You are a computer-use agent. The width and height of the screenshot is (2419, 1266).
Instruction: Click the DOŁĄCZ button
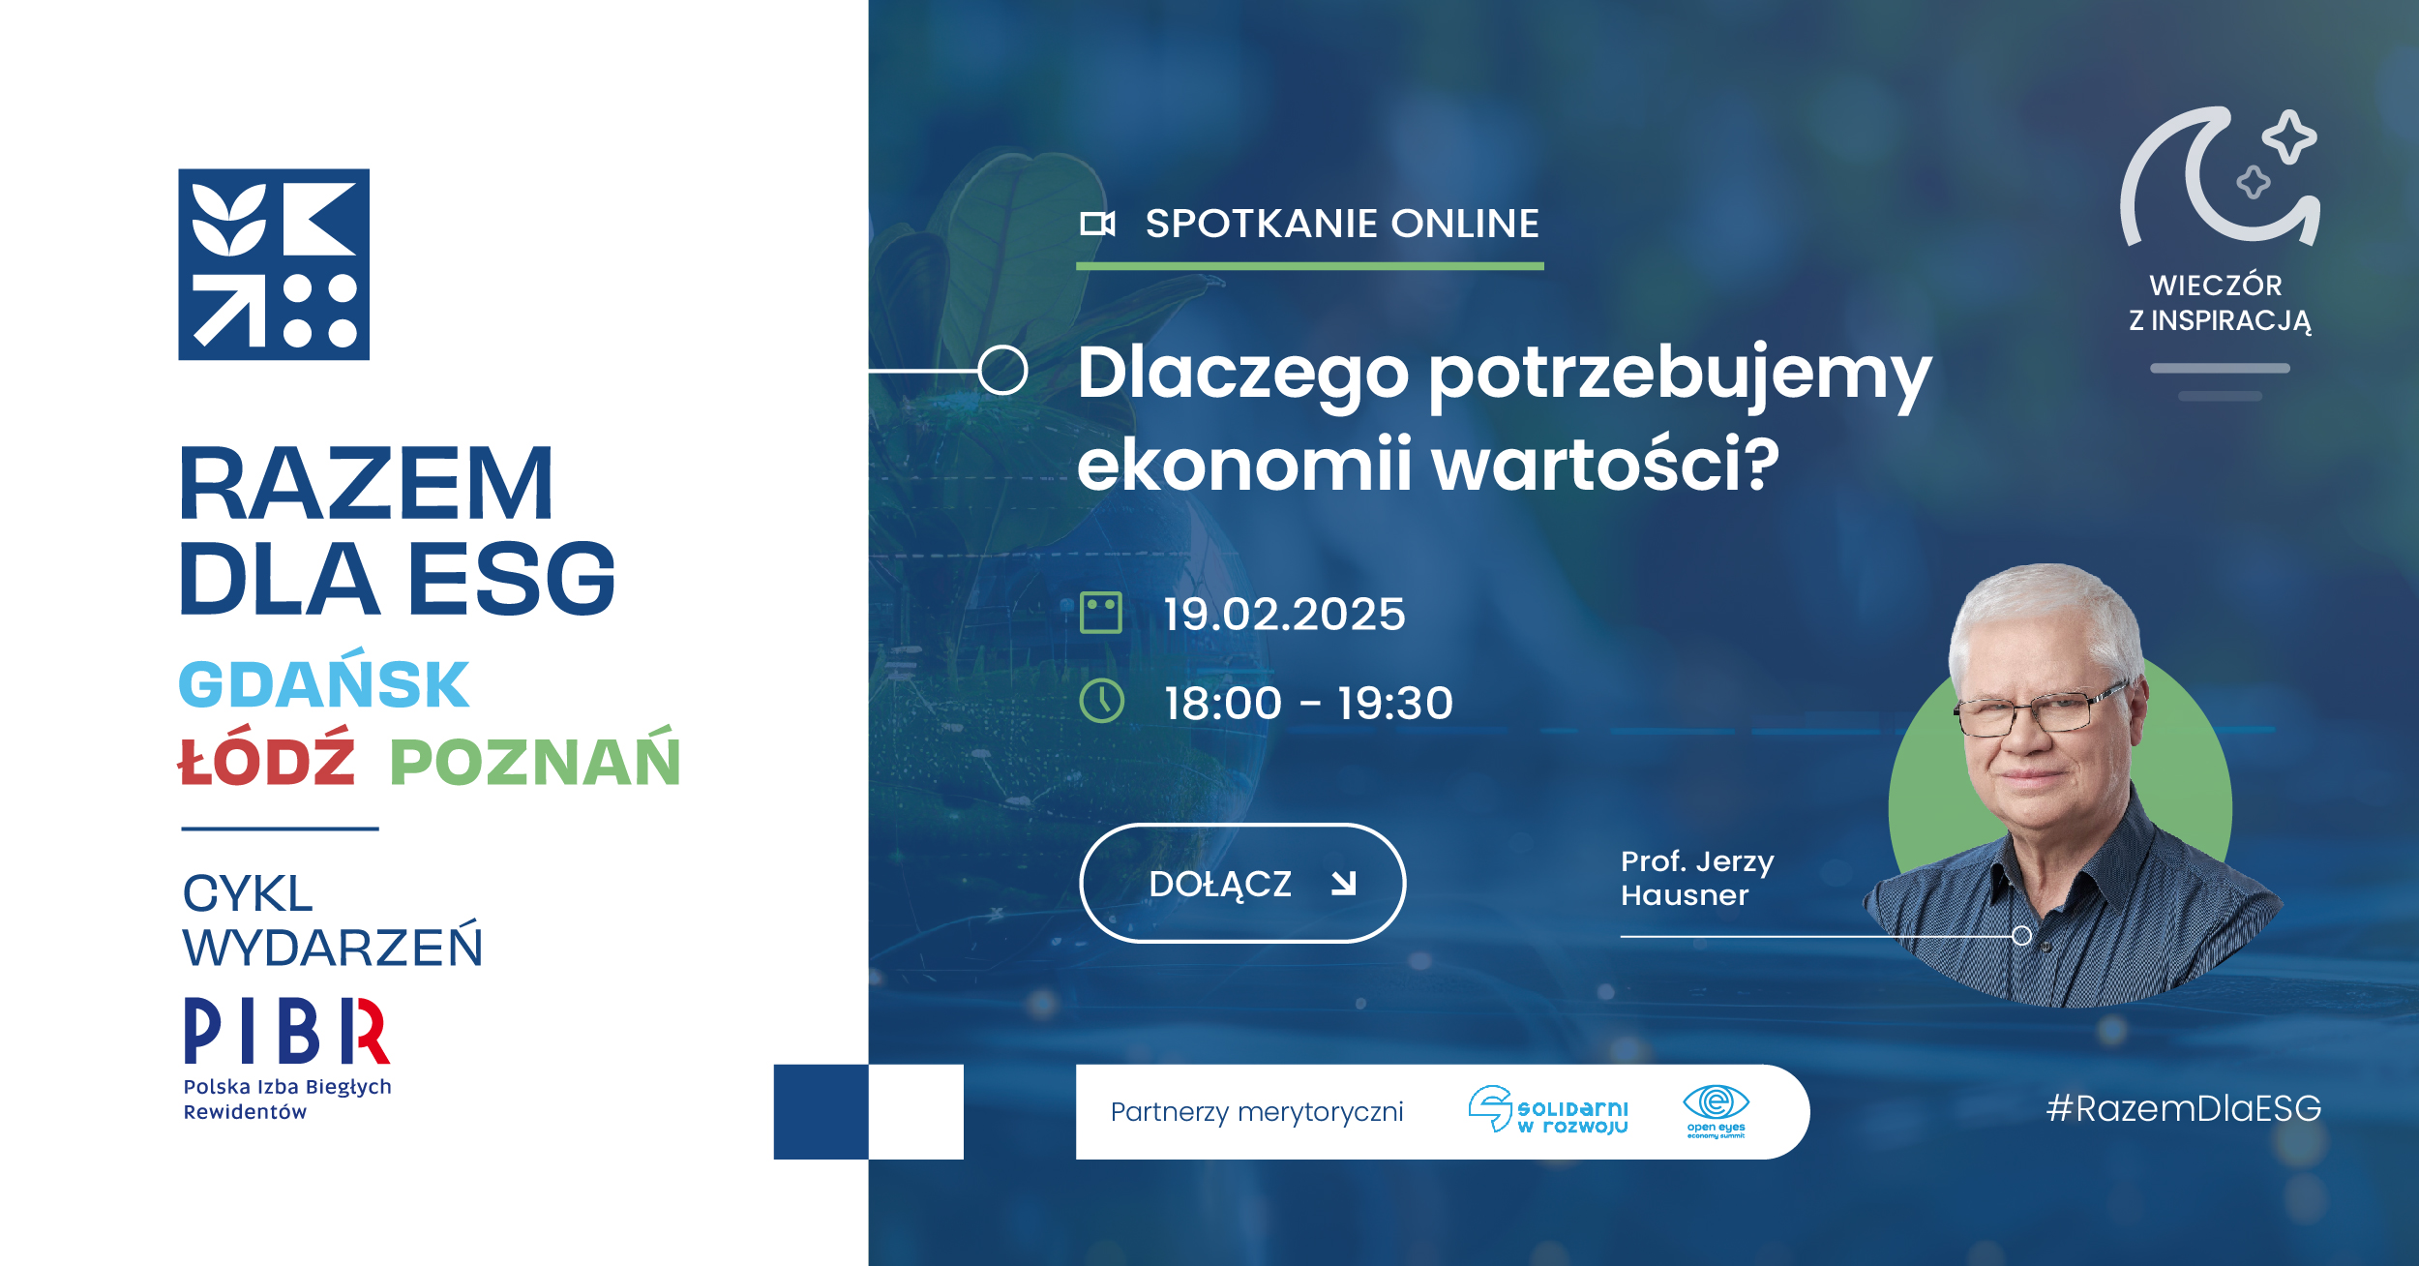1241,883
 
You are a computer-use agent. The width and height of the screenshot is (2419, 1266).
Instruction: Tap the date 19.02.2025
1284,615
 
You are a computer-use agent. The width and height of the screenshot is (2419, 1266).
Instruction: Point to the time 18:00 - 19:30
1308,703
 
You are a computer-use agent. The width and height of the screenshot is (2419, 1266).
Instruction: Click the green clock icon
1101,701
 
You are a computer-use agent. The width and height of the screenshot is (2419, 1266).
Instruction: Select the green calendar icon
1101,613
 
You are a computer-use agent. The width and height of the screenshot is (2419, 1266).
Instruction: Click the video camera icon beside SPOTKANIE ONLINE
1097,224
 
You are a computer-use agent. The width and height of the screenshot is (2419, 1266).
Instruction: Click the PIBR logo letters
286,1032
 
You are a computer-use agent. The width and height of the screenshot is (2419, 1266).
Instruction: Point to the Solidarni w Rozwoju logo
1548,1109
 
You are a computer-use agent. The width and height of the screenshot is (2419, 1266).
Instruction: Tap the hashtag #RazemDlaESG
2184,1108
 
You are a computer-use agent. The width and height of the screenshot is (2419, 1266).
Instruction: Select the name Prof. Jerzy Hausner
1697,878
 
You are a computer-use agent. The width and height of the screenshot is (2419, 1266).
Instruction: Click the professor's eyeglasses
2042,713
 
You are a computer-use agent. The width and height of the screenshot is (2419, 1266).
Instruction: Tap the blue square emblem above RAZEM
274,264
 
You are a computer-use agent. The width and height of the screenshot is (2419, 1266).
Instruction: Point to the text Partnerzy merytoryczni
1257,1112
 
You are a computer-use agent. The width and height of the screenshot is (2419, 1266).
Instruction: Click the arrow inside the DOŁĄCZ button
1344,883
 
